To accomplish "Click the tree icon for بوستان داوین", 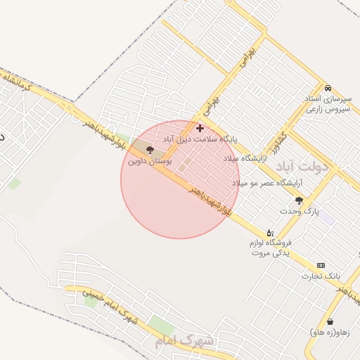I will [149, 149].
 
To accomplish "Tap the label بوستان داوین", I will [150, 161].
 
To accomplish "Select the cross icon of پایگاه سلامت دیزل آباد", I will [200, 128].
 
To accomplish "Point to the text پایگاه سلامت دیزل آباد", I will [200, 139].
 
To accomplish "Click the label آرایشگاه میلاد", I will [243, 158].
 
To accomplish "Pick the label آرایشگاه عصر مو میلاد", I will [267, 183].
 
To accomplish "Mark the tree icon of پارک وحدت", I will [299, 200].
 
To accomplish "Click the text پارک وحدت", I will [299, 211].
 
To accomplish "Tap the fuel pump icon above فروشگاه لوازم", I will [269, 232].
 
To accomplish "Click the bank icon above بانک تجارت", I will [321, 265].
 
